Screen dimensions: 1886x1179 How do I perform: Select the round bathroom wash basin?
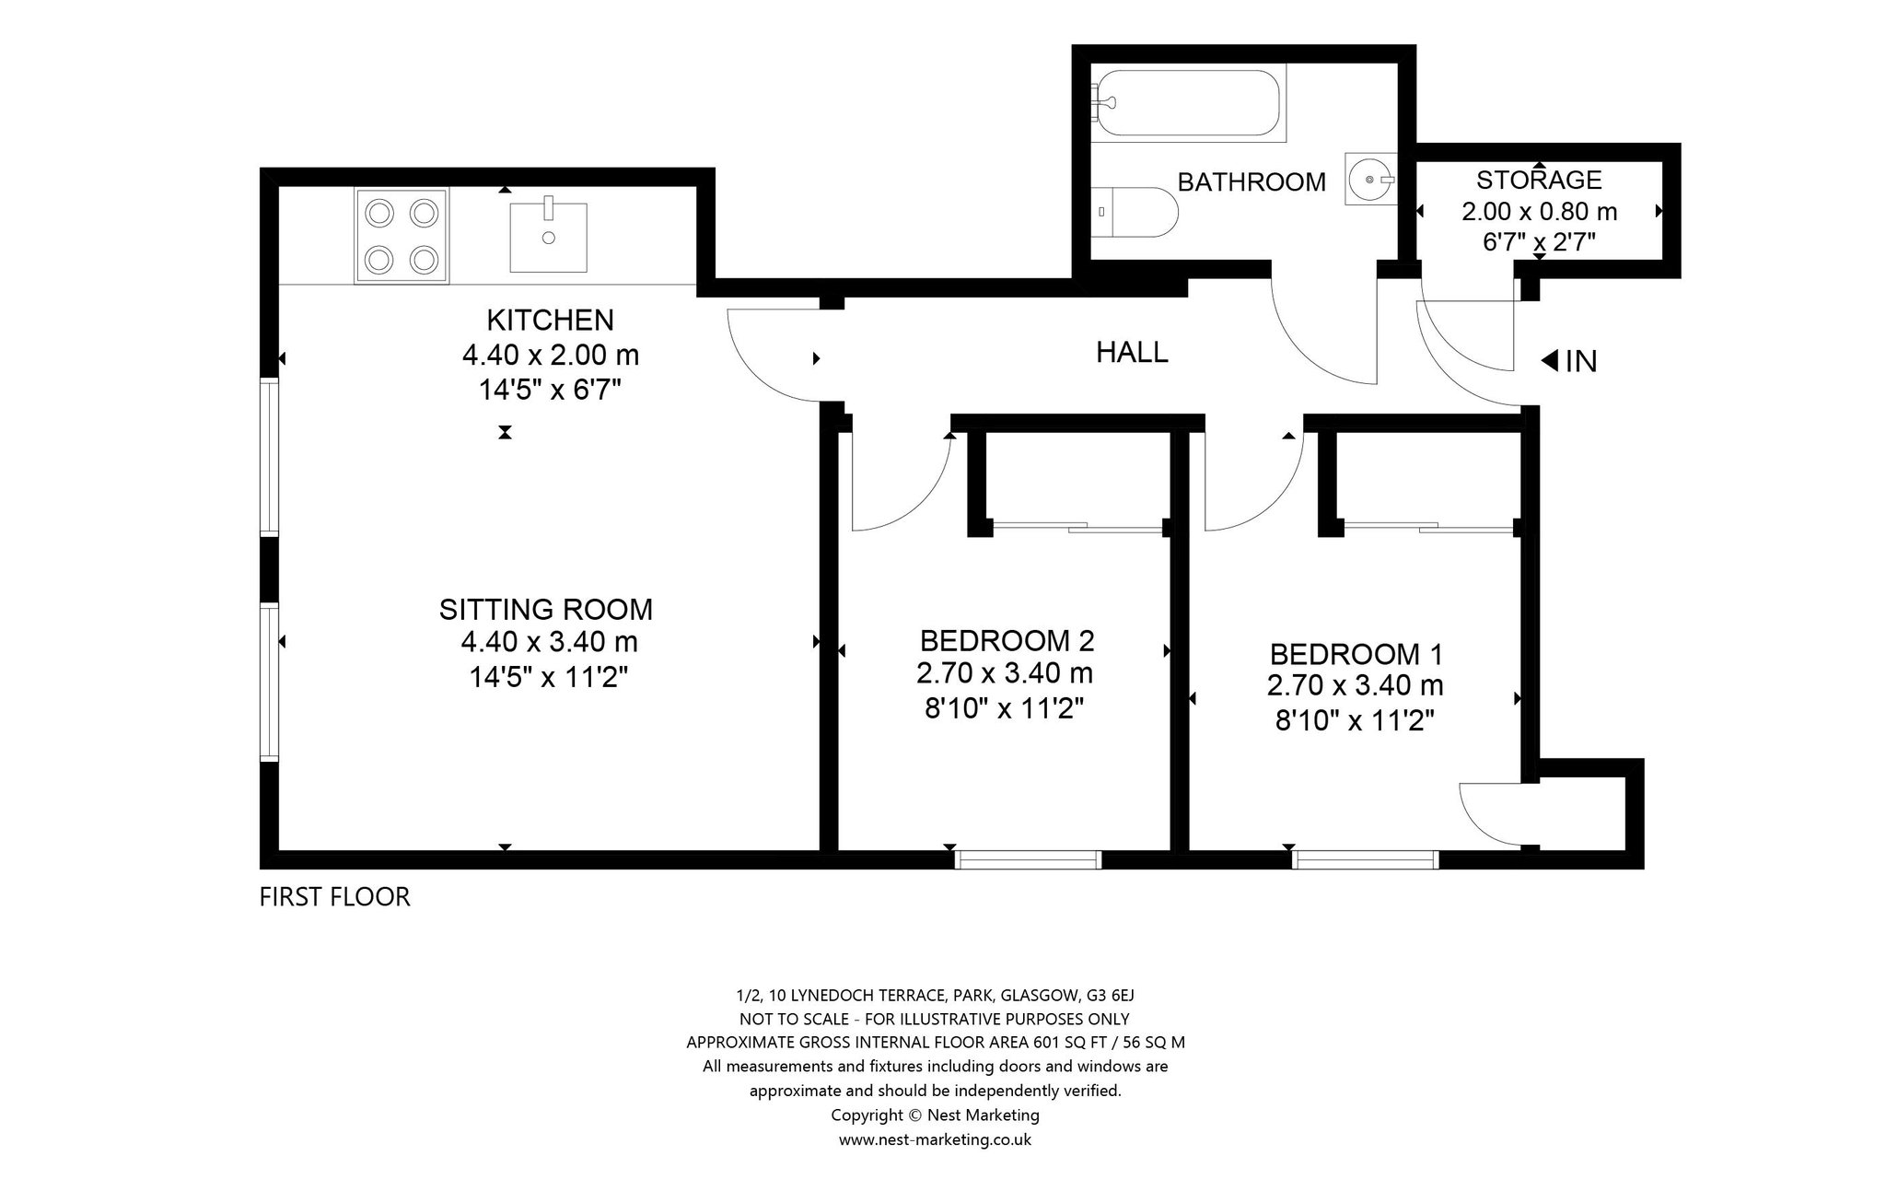tap(1371, 179)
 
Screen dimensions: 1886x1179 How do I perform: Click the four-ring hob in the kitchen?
tap(401, 236)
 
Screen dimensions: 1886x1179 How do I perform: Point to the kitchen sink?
tap(549, 237)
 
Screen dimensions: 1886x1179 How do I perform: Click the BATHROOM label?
tap(1252, 182)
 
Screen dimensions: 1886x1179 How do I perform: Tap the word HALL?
tap(1132, 352)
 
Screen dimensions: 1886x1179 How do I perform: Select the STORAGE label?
tap(1539, 180)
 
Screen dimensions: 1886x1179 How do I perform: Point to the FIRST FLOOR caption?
tap(334, 896)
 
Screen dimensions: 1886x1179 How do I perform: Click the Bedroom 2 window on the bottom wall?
tap(1029, 859)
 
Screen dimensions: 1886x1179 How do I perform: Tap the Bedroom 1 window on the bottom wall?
tap(1366, 859)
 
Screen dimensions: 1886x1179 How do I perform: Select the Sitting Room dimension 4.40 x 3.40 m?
tap(549, 642)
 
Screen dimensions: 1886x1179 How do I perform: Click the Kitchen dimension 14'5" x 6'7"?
tap(550, 391)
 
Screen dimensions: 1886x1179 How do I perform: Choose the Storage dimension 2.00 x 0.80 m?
tap(1539, 212)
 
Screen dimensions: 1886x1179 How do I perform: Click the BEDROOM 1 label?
tap(1356, 655)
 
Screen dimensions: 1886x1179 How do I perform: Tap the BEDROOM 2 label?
tap(1007, 640)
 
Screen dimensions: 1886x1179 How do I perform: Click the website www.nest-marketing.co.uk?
tap(935, 1139)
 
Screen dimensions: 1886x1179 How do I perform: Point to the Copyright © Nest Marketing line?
tap(935, 1115)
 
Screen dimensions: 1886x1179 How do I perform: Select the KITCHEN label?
tap(550, 321)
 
